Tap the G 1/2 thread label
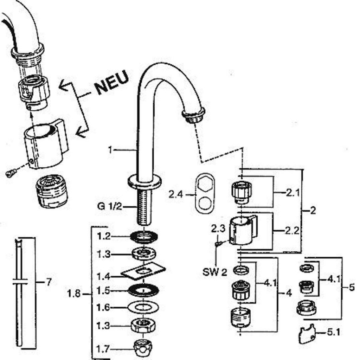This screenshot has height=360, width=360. click(x=109, y=206)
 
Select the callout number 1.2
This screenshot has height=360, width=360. click(x=104, y=236)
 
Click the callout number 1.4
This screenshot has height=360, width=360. click(x=104, y=276)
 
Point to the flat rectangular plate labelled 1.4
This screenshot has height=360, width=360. click(x=143, y=271)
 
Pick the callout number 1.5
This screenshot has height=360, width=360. click(x=104, y=291)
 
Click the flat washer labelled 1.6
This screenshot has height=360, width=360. click(x=143, y=307)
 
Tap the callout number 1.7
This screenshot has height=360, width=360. click(x=103, y=349)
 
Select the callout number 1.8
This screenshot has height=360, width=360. click(x=74, y=294)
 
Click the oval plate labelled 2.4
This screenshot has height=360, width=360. click(x=205, y=193)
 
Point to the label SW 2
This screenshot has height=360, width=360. click(x=214, y=272)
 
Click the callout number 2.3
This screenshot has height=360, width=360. click(x=218, y=229)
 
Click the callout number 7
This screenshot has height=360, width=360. click(x=49, y=282)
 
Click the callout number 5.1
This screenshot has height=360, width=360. click(x=333, y=332)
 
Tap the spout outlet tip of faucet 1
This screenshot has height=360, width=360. click(x=193, y=116)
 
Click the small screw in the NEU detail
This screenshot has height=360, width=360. click(x=11, y=172)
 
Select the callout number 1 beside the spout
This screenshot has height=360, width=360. click(x=110, y=150)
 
